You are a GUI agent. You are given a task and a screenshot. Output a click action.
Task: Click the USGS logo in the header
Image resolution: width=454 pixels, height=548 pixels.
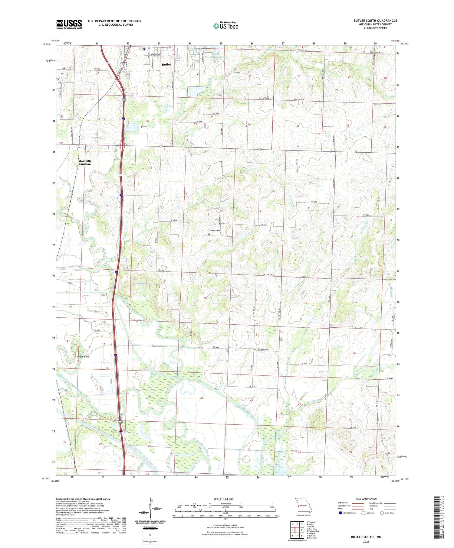pos(69,24)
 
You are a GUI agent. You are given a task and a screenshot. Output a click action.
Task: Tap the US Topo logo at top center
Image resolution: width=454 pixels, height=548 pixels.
pos(226,26)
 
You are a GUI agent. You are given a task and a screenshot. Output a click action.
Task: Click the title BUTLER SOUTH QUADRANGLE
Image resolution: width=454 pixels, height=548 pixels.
pos(375,21)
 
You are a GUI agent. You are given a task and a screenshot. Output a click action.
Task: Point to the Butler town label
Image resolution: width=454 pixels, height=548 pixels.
pos(166,64)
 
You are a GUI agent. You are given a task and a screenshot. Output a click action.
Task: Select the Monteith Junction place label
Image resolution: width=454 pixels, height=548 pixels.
pos(84,162)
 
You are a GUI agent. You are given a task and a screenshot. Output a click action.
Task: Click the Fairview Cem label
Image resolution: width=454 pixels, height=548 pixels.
pos(213,231)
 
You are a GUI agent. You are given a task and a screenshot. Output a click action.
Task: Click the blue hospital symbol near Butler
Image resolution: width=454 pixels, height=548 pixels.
pos(144,49)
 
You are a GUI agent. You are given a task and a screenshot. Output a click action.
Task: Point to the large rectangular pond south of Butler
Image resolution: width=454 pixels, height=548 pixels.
pos(196,91)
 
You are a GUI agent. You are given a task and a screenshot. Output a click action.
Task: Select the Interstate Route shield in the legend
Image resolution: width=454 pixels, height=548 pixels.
pos(340,513)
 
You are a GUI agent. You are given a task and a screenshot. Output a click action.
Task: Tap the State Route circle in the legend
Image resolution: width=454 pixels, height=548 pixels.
pos(382,513)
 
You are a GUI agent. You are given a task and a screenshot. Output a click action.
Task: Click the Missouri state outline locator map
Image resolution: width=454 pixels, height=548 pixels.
pos(302,504)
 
